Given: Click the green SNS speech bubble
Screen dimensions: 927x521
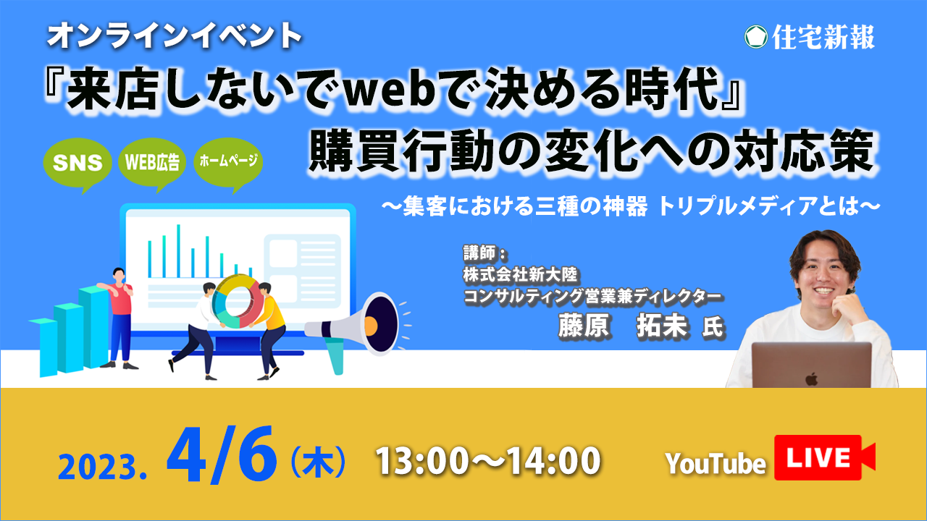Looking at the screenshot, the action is (77, 164).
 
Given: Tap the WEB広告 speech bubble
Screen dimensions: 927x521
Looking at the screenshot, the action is (152, 163).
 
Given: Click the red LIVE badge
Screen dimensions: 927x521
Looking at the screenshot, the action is (823, 457).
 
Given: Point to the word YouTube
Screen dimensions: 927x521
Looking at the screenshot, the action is (716, 464).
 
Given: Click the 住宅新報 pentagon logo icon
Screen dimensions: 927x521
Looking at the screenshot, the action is (755, 37).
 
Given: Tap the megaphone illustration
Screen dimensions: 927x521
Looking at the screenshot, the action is (356, 329).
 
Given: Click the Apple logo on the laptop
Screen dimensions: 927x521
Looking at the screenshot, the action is (812, 378).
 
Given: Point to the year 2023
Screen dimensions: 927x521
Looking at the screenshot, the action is (102, 467).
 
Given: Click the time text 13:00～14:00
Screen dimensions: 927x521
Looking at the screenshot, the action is (487, 461).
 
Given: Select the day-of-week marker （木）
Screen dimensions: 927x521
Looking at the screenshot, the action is (318, 461).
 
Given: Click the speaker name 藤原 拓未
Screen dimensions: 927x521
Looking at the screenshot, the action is (623, 326).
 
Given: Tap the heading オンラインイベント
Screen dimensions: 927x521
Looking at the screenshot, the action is (175, 36).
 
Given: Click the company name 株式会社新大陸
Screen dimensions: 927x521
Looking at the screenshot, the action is (520, 275).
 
